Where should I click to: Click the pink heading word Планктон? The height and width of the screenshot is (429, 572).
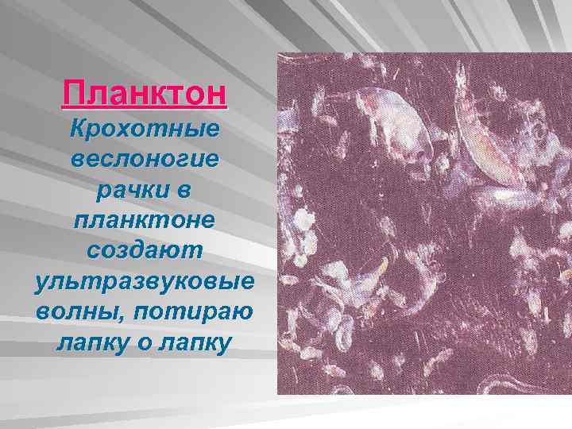click(145, 94)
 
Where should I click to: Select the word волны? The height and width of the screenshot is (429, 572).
click(77, 312)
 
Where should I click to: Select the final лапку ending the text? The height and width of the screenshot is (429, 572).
click(198, 343)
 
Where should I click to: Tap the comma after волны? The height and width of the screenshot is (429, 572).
click(118, 317)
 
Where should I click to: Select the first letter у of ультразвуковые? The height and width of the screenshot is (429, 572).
click(41, 283)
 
